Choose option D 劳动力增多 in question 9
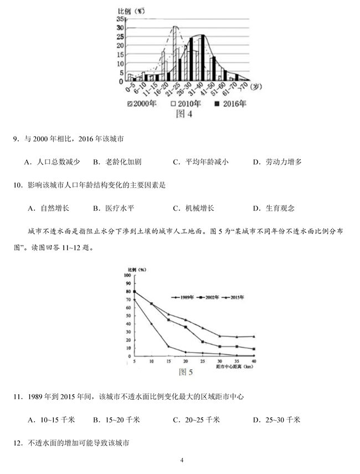(276, 162)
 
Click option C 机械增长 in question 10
(193, 208)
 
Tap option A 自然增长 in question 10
(48, 208)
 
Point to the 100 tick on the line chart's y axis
(127, 275)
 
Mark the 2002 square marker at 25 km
(203, 342)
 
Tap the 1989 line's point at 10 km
(151, 324)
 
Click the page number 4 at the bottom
(181, 460)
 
